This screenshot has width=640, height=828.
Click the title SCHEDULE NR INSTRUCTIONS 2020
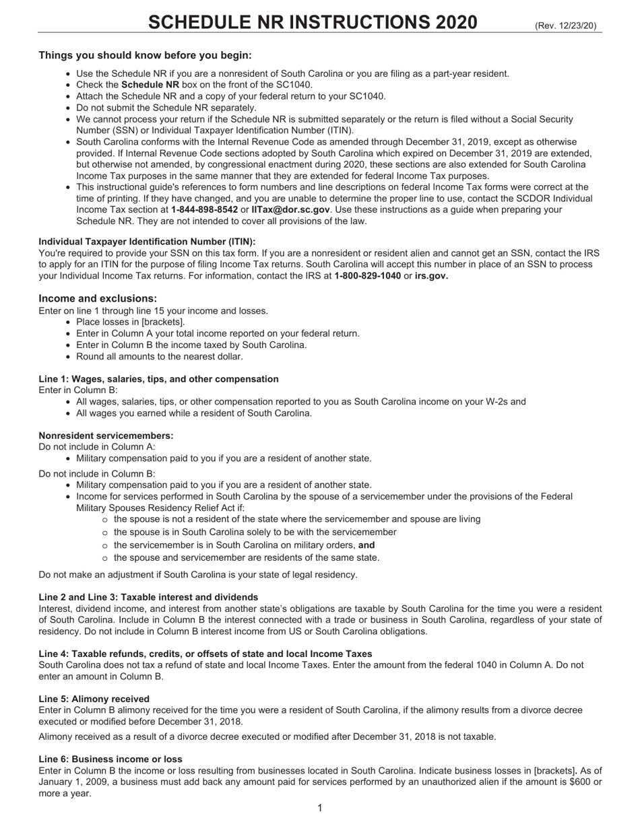(313, 22)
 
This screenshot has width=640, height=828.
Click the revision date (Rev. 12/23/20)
(565, 26)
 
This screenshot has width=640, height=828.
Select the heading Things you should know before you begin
(145, 55)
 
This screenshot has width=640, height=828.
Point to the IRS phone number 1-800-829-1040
(367, 275)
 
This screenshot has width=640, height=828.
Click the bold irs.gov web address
(431, 275)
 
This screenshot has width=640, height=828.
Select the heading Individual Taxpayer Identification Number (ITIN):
(147, 242)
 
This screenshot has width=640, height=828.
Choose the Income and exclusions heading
(98, 298)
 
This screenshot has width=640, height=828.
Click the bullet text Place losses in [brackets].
(130, 322)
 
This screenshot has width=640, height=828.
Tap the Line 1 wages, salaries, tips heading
(158, 379)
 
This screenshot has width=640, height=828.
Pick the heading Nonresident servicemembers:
(106, 436)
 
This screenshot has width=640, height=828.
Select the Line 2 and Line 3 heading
(148, 597)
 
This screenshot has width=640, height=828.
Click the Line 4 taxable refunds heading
(205, 654)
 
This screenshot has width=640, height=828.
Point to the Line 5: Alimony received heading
(94, 699)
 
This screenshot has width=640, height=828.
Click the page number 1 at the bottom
(319, 808)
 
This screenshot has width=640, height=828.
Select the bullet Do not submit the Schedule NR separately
(166, 108)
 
